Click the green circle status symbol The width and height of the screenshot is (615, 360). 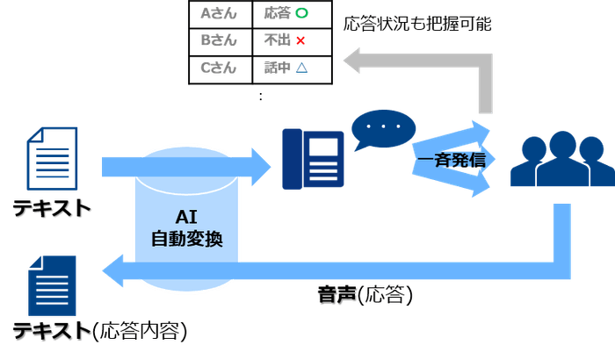[300, 14]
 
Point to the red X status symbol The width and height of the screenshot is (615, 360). [300, 40]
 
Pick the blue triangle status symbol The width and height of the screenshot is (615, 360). [300, 68]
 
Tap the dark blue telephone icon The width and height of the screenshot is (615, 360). [313, 159]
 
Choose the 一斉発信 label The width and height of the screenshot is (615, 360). [451, 162]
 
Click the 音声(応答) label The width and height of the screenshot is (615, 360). [364, 297]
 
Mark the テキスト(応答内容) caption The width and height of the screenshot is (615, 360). [100, 333]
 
